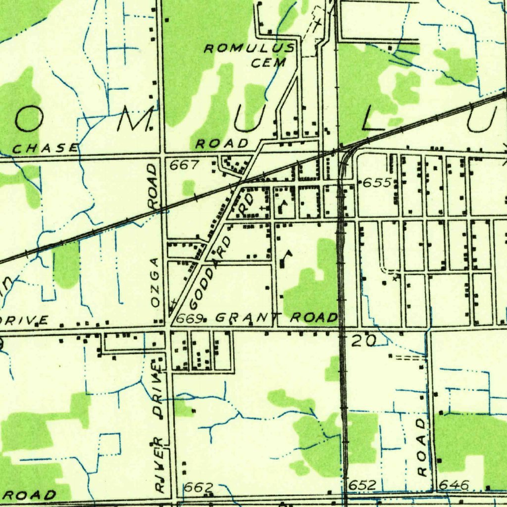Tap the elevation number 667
click(x=184, y=165)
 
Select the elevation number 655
click(x=378, y=183)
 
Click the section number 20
click(x=364, y=340)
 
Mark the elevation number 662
click(x=198, y=487)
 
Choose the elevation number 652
click(x=362, y=485)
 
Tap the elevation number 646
click(x=454, y=485)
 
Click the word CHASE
click(x=46, y=148)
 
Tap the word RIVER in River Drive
click(x=159, y=464)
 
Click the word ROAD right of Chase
click(x=222, y=144)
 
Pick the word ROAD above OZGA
click(x=152, y=186)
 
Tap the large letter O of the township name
click(x=27, y=120)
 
